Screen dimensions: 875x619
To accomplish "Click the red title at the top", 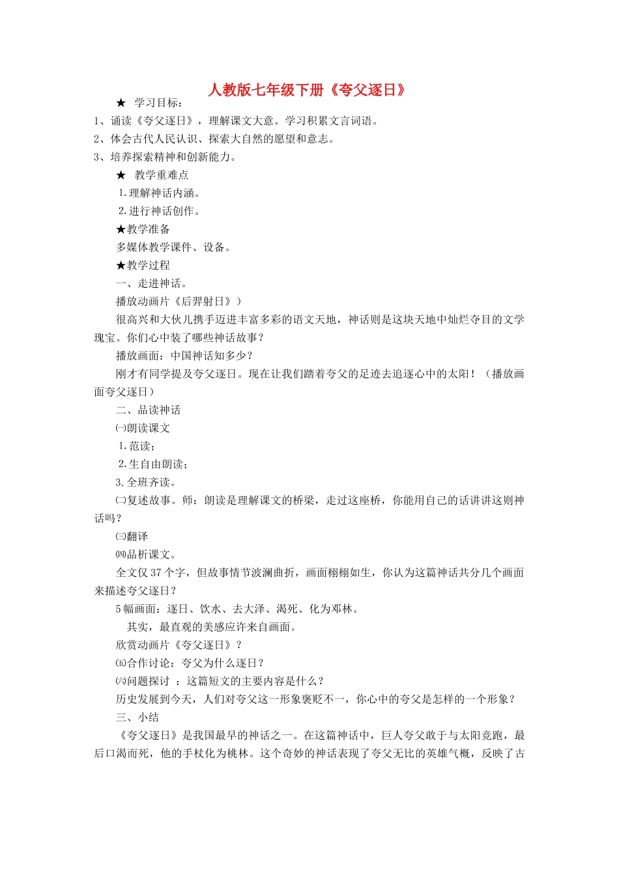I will coord(307,90).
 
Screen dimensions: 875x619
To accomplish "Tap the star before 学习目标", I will coord(121,103).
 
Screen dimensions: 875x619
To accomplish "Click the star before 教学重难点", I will coord(121,175).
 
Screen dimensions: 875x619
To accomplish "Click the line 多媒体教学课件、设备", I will coord(173,247).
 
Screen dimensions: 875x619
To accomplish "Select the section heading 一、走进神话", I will coord(151,283).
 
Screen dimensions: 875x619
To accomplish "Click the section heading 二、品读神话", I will coord(149,410).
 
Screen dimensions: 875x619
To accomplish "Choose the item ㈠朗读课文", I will coord(143,428).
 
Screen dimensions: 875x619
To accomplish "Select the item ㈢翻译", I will coord(132,536).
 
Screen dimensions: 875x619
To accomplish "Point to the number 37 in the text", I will coord(156,573).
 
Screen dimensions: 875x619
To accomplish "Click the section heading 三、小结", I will coord(137,717).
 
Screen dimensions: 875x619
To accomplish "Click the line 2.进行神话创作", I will coord(160,211).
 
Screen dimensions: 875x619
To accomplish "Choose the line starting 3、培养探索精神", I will coord(166,157).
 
